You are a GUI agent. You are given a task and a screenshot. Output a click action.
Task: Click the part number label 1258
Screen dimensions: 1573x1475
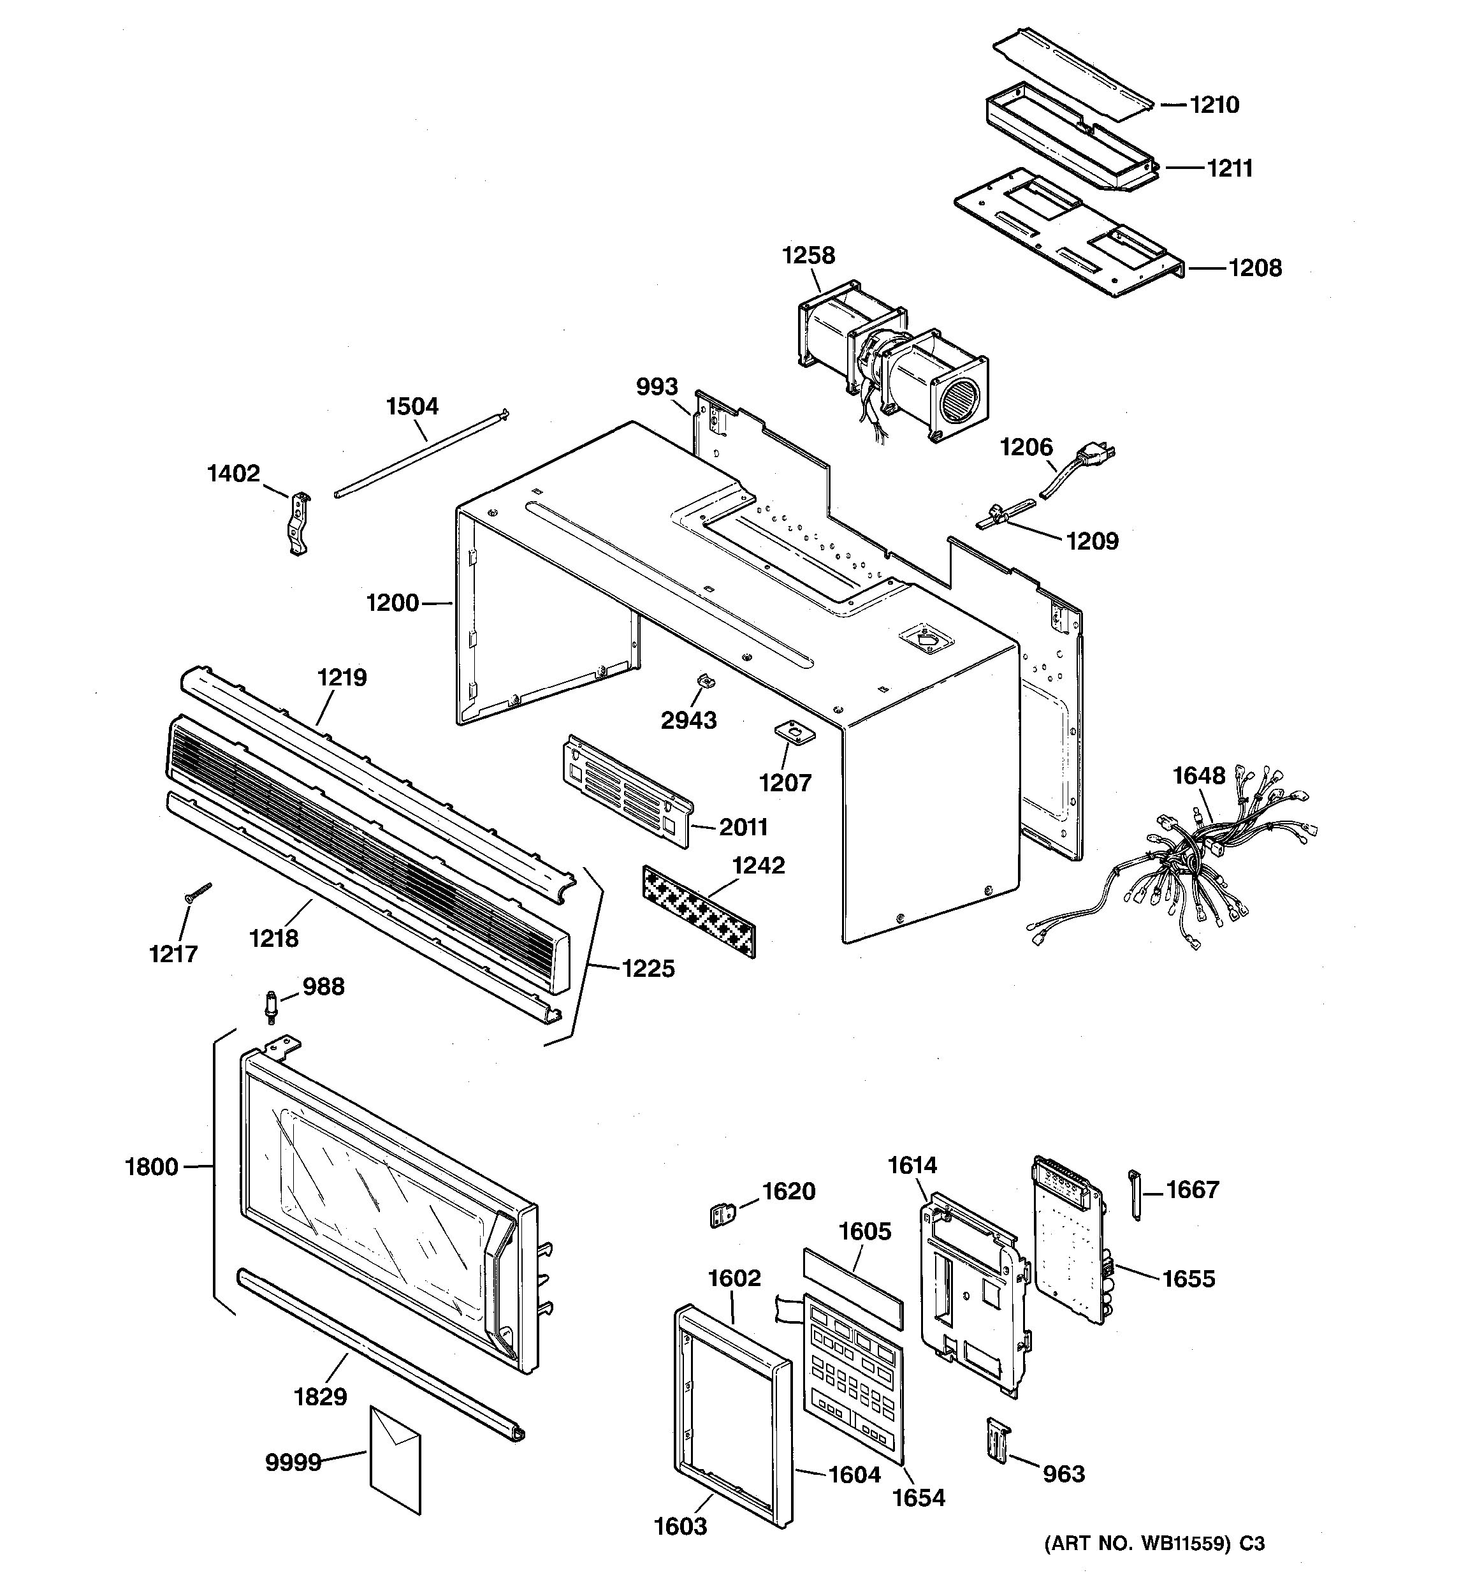tap(808, 256)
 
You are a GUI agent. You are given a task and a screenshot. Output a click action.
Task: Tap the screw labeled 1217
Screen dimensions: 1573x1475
tap(198, 893)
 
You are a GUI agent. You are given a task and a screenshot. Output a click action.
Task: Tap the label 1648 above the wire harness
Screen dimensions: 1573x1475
tap(1199, 775)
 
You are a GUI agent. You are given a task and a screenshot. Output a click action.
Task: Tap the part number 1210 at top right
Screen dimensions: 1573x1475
tap(1214, 105)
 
